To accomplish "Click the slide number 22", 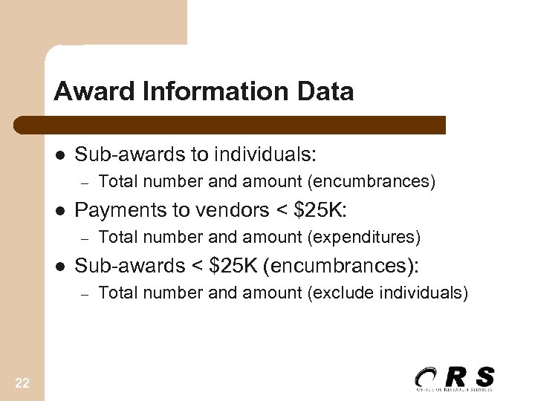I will (x=22, y=382).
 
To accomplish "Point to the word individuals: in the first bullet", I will (x=265, y=154).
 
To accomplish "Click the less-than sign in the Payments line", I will (x=282, y=211).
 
